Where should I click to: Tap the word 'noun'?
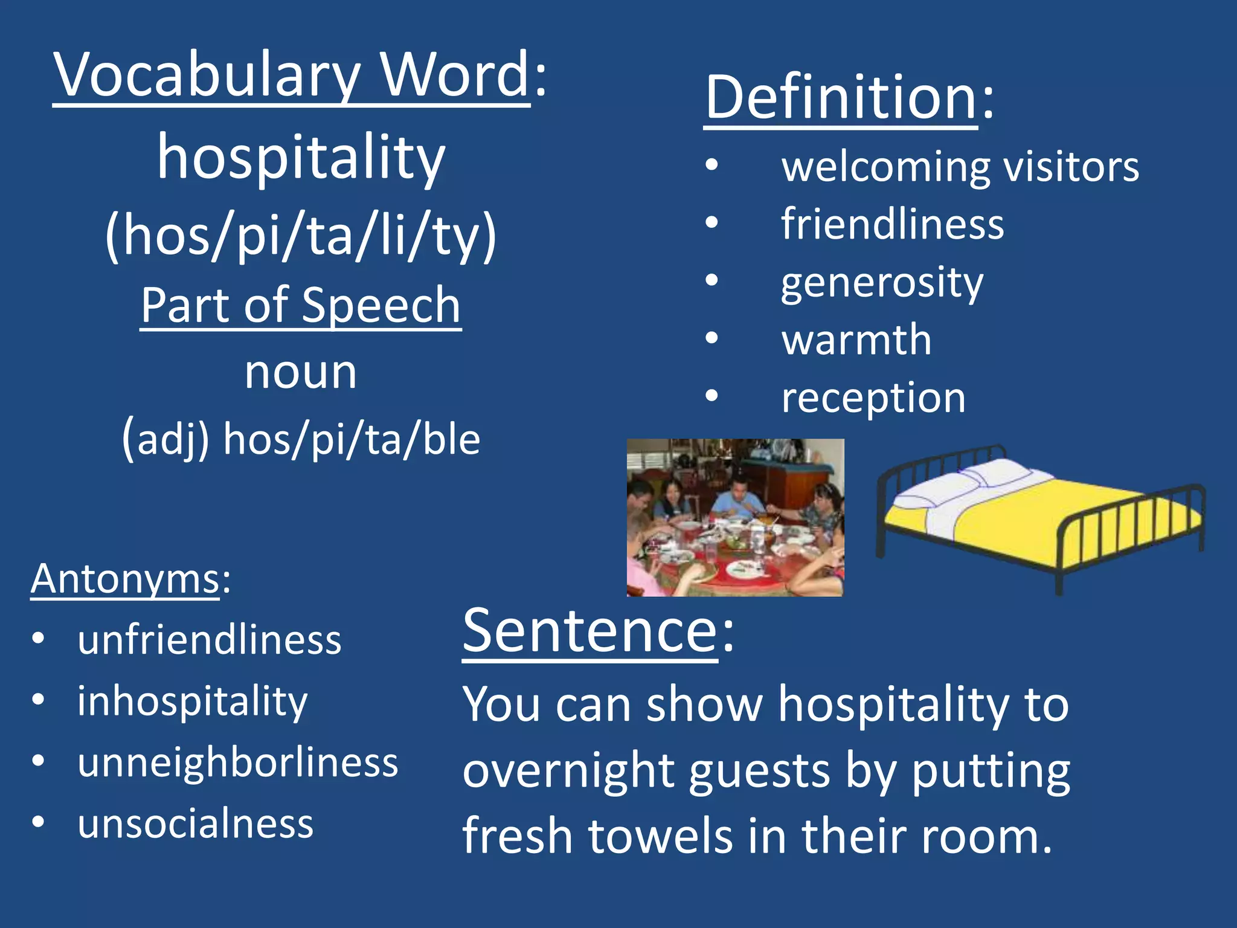[301, 372]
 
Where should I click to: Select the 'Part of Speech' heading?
[301, 305]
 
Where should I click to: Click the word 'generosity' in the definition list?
[882, 283]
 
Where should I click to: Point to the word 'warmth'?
[856, 340]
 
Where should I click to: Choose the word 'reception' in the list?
[873, 398]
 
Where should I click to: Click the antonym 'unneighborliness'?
[238, 762]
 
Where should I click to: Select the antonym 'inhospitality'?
[193, 702]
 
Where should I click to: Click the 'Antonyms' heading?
[126, 579]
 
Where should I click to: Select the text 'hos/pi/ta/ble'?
[352, 439]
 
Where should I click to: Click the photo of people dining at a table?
[735, 518]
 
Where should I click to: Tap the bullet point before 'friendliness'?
[712, 224]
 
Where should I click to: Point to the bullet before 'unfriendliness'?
[39, 639]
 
